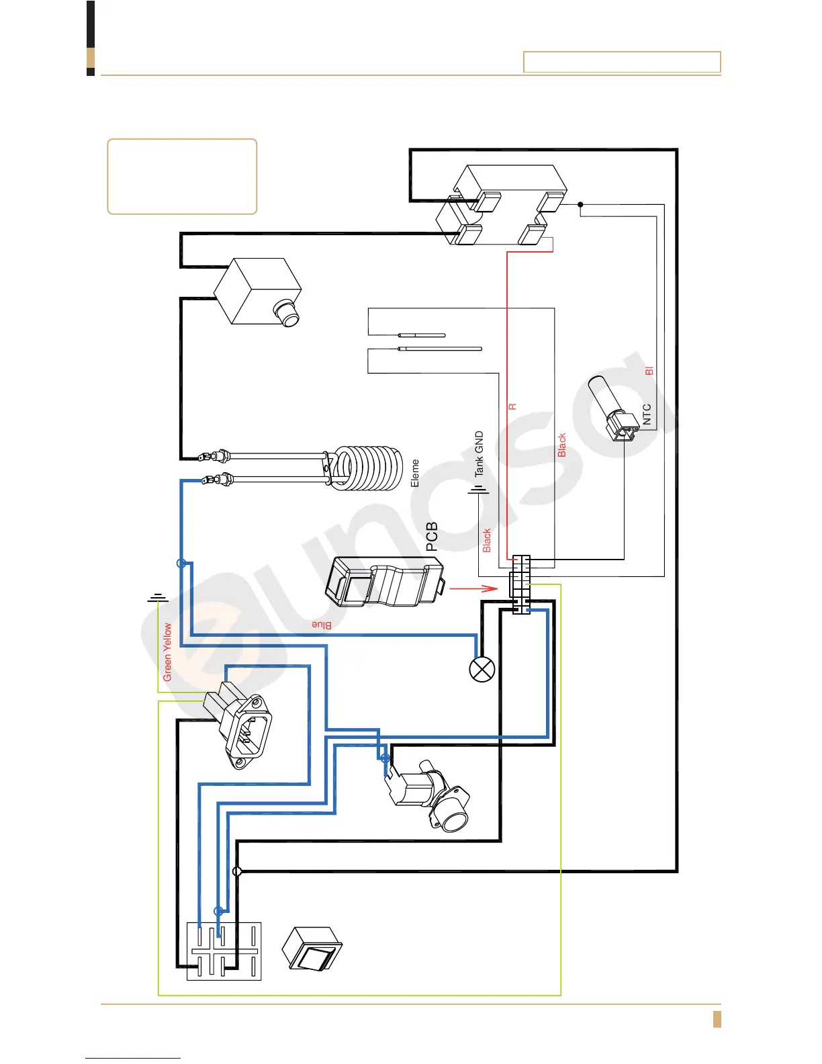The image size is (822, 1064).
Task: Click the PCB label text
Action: point(432,537)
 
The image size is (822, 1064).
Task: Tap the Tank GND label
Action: point(479,454)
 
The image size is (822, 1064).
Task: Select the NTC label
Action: point(647,414)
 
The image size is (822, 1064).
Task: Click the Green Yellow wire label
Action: point(167,652)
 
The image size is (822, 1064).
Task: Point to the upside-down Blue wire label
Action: point(322,625)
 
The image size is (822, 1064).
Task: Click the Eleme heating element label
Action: point(414,474)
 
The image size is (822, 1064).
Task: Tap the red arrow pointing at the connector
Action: point(473,589)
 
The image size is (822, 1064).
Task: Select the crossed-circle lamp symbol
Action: point(482,669)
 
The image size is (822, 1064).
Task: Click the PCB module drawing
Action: point(384,582)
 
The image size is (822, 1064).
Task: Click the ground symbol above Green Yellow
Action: point(158,597)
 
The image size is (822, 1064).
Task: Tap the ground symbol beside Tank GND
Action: point(478,490)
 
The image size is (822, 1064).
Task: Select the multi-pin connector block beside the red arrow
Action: point(520,584)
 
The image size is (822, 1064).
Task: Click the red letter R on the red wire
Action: point(512,406)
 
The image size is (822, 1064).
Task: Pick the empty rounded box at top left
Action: point(182,177)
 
